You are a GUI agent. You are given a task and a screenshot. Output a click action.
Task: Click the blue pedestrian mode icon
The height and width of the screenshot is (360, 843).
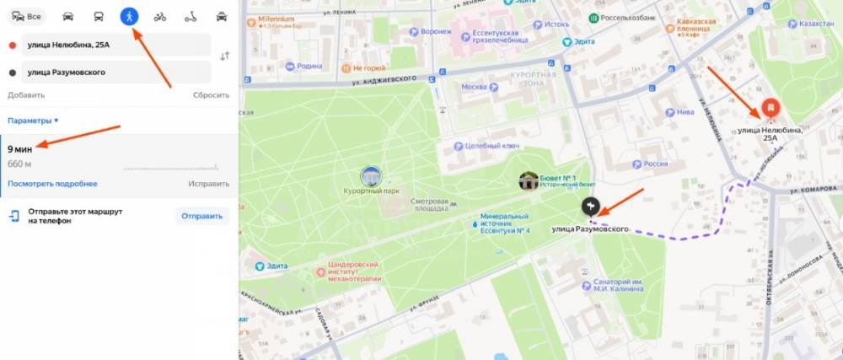pos(129,16)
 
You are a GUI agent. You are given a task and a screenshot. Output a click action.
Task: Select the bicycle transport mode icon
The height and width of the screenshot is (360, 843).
pos(159,16)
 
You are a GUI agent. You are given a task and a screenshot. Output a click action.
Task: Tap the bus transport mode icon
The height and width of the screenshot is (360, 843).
pos(99,16)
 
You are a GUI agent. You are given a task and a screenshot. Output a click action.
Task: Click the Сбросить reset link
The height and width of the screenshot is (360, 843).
pos(210,95)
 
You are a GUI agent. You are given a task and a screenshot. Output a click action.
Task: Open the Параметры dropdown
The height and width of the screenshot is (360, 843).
pos(33,121)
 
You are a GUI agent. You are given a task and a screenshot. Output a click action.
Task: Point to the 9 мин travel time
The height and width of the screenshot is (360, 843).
pos(20,149)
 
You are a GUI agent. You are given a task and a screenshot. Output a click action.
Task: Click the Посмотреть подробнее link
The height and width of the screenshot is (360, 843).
pos(52,184)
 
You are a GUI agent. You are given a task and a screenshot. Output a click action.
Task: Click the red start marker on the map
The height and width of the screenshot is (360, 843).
pos(770,108)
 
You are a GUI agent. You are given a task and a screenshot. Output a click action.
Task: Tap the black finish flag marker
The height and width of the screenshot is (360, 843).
pos(590,206)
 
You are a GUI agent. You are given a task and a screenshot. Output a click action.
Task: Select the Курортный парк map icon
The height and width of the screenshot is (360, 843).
pos(371,176)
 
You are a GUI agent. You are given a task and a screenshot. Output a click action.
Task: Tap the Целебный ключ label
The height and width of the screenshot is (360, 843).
pos(492,146)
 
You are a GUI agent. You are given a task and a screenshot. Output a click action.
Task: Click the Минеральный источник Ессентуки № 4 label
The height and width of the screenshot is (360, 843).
pos(504,223)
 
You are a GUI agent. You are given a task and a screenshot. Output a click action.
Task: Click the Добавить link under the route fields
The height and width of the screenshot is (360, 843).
pos(26,95)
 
